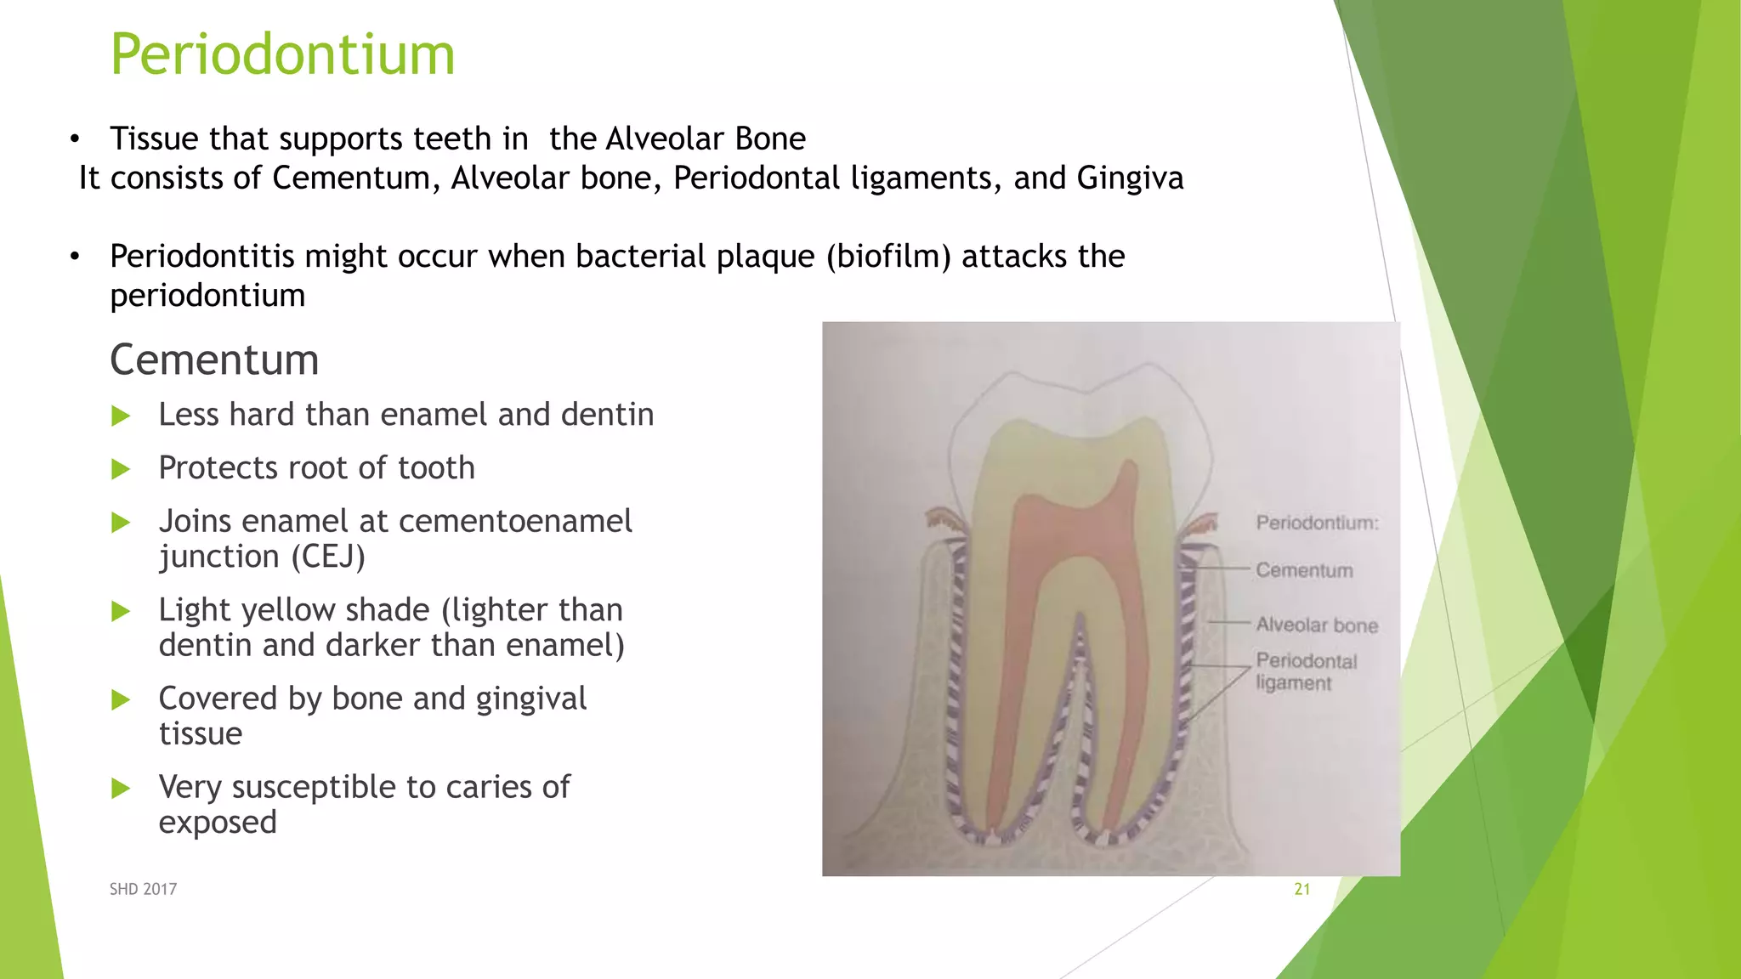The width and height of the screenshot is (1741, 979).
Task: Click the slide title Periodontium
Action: (x=282, y=54)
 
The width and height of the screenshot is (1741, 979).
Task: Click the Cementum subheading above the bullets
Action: (x=214, y=359)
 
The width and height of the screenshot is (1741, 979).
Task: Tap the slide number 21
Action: (x=1301, y=889)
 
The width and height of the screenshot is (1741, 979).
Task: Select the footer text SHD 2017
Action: (x=143, y=889)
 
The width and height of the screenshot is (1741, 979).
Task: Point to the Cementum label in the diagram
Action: (x=1304, y=570)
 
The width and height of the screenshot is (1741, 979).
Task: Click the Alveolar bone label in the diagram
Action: (x=1317, y=625)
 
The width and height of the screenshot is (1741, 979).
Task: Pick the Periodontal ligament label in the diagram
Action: (x=1306, y=671)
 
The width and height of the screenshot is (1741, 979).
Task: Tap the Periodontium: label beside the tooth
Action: (x=1317, y=523)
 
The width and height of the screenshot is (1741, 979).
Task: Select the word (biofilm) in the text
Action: (x=888, y=257)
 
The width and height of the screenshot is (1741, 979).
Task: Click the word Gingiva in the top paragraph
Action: (x=1130, y=178)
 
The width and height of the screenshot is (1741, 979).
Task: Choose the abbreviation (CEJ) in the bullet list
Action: (x=328, y=557)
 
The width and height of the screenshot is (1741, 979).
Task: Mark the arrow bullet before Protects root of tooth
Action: (x=121, y=469)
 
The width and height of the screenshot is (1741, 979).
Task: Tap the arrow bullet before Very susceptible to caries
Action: (x=121, y=789)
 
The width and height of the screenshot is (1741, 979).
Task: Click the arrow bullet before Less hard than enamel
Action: (x=121, y=416)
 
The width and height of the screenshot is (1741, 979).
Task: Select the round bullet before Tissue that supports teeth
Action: (x=75, y=139)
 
